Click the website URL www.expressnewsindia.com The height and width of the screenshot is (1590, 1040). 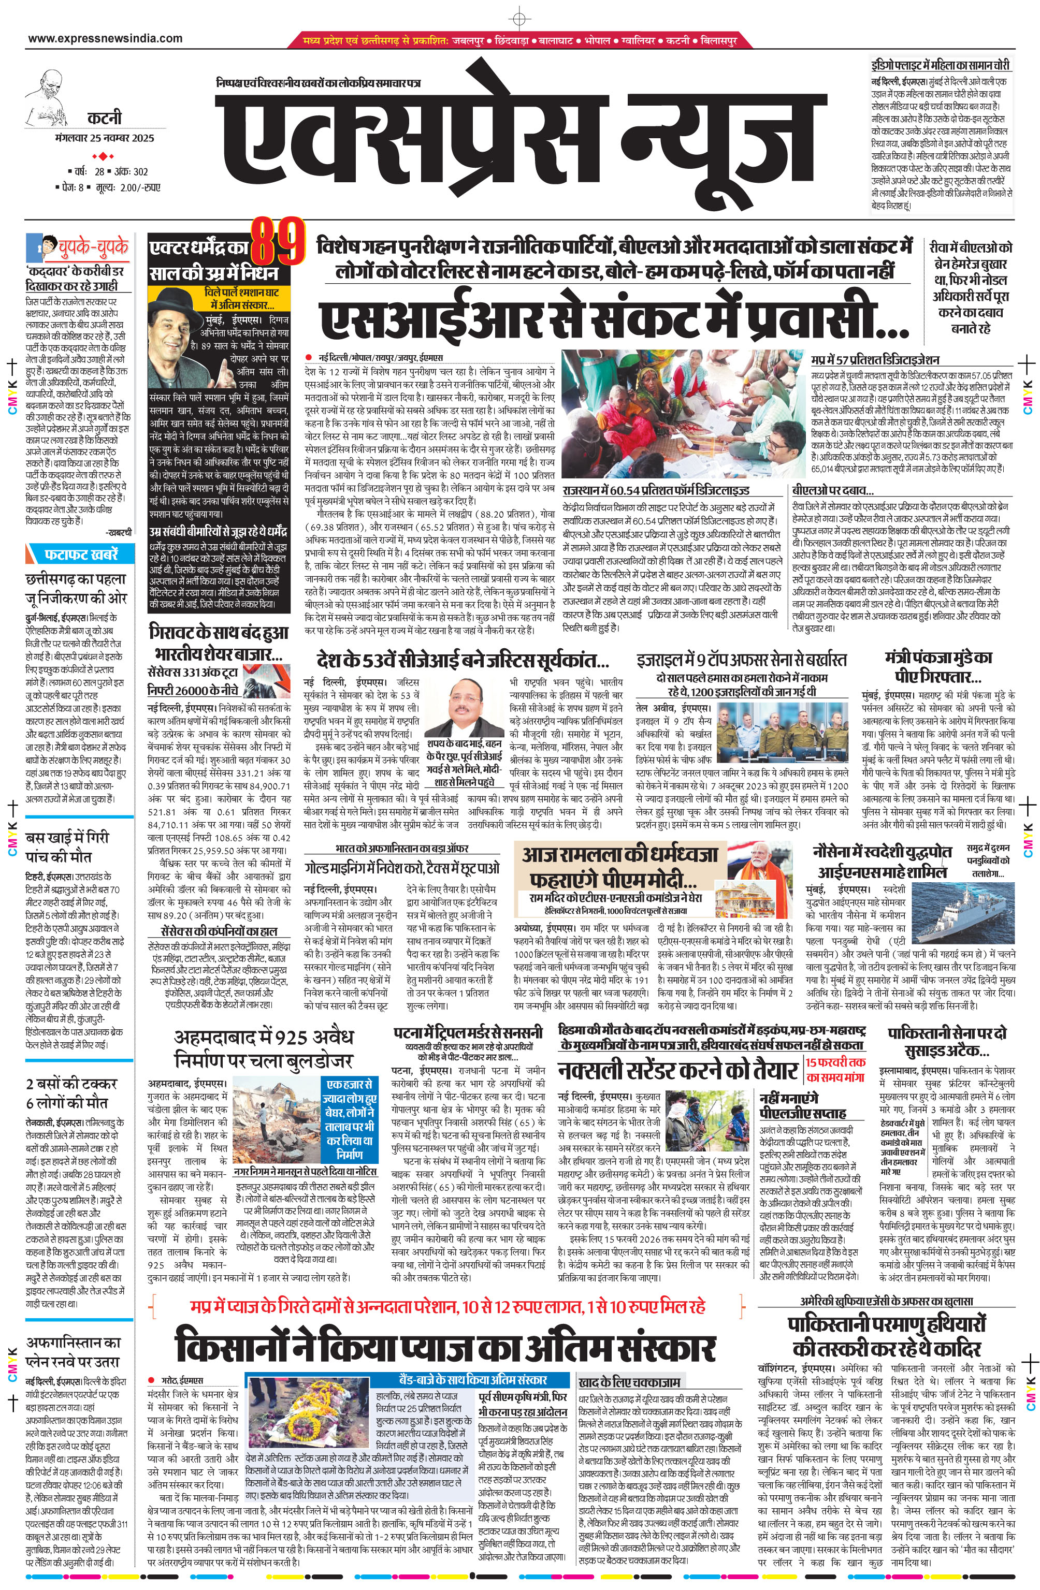(x=105, y=39)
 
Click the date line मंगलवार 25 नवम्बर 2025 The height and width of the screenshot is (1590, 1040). (x=105, y=138)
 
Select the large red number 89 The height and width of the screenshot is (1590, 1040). (x=278, y=242)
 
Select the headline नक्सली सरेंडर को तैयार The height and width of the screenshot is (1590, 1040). (x=678, y=1070)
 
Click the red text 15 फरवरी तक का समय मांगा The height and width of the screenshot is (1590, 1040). (x=835, y=1070)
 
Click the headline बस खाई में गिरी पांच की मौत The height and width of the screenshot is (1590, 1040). (x=67, y=847)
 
